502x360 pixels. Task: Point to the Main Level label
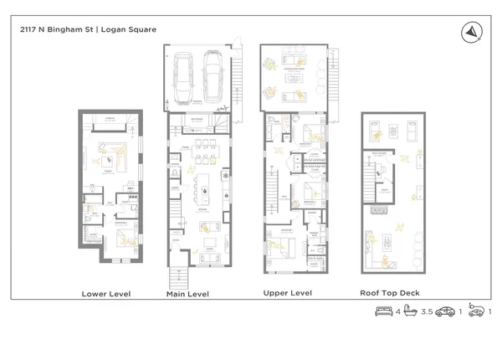pos(187,294)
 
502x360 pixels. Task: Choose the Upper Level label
pos(289,293)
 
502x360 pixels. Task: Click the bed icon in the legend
pos(382,311)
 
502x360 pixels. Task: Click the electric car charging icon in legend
pos(475,311)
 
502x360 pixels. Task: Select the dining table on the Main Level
pos(202,154)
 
